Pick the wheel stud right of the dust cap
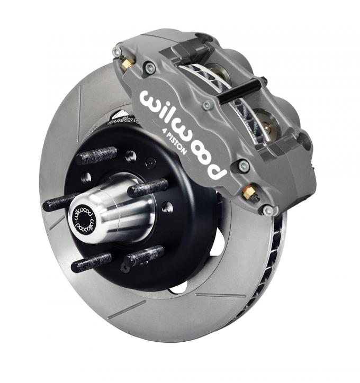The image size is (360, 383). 148,187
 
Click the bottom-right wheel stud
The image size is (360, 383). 143,256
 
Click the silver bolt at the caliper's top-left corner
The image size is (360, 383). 117,51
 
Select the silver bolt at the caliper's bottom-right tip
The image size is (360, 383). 269,211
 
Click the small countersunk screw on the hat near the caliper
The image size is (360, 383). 152,162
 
